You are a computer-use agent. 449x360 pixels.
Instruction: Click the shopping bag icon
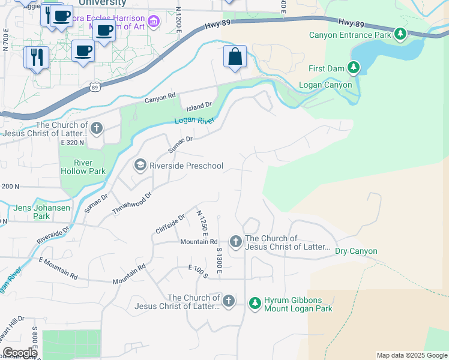(235, 57)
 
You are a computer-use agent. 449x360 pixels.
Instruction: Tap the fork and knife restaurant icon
(37, 57)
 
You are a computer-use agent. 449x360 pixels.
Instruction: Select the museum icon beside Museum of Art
(154, 22)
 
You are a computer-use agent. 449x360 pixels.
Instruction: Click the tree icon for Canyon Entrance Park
(400, 34)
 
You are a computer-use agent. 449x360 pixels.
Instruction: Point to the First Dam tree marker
(354, 68)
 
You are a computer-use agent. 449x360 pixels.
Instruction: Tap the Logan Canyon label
(325, 85)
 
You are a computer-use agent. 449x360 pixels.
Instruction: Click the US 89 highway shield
(95, 88)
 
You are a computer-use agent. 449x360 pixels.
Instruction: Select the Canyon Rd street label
(160, 97)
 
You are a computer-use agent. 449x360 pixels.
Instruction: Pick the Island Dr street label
(200, 106)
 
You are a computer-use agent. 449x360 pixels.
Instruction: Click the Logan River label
(194, 121)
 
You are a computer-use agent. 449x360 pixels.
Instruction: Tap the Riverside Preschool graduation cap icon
(140, 165)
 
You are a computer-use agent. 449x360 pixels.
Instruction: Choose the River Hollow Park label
(83, 167)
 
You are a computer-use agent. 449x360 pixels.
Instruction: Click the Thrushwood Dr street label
(133, 202)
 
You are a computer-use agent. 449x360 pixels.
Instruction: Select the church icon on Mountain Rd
(236, 242)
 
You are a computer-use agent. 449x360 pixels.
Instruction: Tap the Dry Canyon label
(356, 251)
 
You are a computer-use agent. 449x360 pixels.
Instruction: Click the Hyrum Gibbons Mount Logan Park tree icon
(255, 304)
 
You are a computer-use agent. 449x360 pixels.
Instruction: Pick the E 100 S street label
(197, 271)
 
